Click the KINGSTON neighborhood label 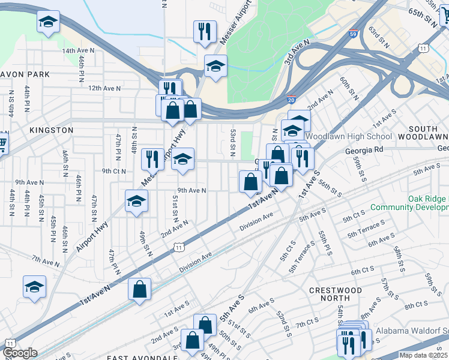(x=51, y=130)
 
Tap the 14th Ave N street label (x=79, y=51)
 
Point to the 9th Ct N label (x=114, y=171)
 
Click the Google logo (x=20, y=353)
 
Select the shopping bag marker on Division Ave (x=139, y=290)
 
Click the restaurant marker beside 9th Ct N (x=152, y=159)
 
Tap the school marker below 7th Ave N (x=34, y=287)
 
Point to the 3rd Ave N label (x=297, y=52)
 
